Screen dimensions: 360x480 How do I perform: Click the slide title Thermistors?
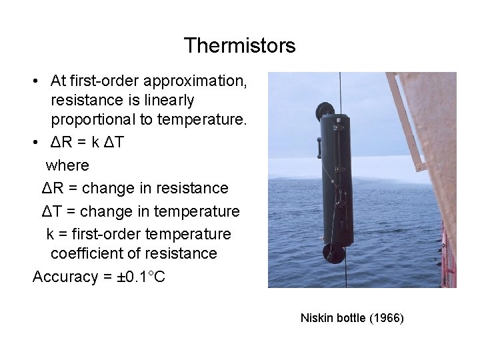coord(239,45)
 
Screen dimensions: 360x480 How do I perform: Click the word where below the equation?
coord(67,165)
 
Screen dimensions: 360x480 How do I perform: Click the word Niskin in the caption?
coord(315,318)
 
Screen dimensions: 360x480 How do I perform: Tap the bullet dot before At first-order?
coord(37,81)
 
